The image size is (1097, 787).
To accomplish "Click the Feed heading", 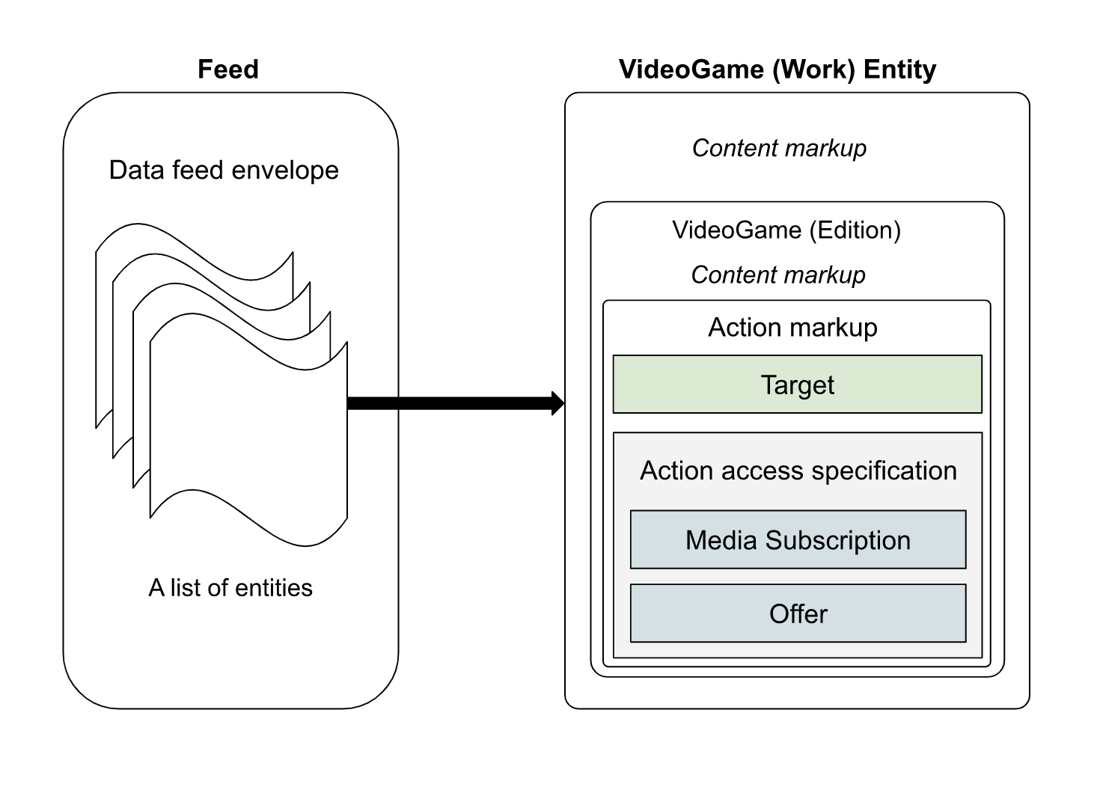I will tap(228, 70).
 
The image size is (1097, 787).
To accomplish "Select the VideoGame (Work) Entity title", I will tap(777, 70).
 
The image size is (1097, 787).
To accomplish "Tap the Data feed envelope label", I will tap(224, 171).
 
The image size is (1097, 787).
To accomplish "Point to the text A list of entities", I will tap(230, 588).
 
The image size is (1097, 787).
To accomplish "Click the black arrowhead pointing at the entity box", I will tap(557, 403).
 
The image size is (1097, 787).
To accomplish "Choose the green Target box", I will tap(797, 385).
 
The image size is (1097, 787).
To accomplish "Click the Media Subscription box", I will tap(798, 540).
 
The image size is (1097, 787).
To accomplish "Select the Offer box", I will tap(798, 614).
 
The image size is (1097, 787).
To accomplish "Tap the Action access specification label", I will tap(798, 471).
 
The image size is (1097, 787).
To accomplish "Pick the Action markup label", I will tap(792, 328).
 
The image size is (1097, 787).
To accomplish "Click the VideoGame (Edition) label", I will tap(786, 230).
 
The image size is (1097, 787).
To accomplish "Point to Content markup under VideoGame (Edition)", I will tap(778, 275).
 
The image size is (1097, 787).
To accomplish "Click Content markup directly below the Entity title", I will tap(779, 148).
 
